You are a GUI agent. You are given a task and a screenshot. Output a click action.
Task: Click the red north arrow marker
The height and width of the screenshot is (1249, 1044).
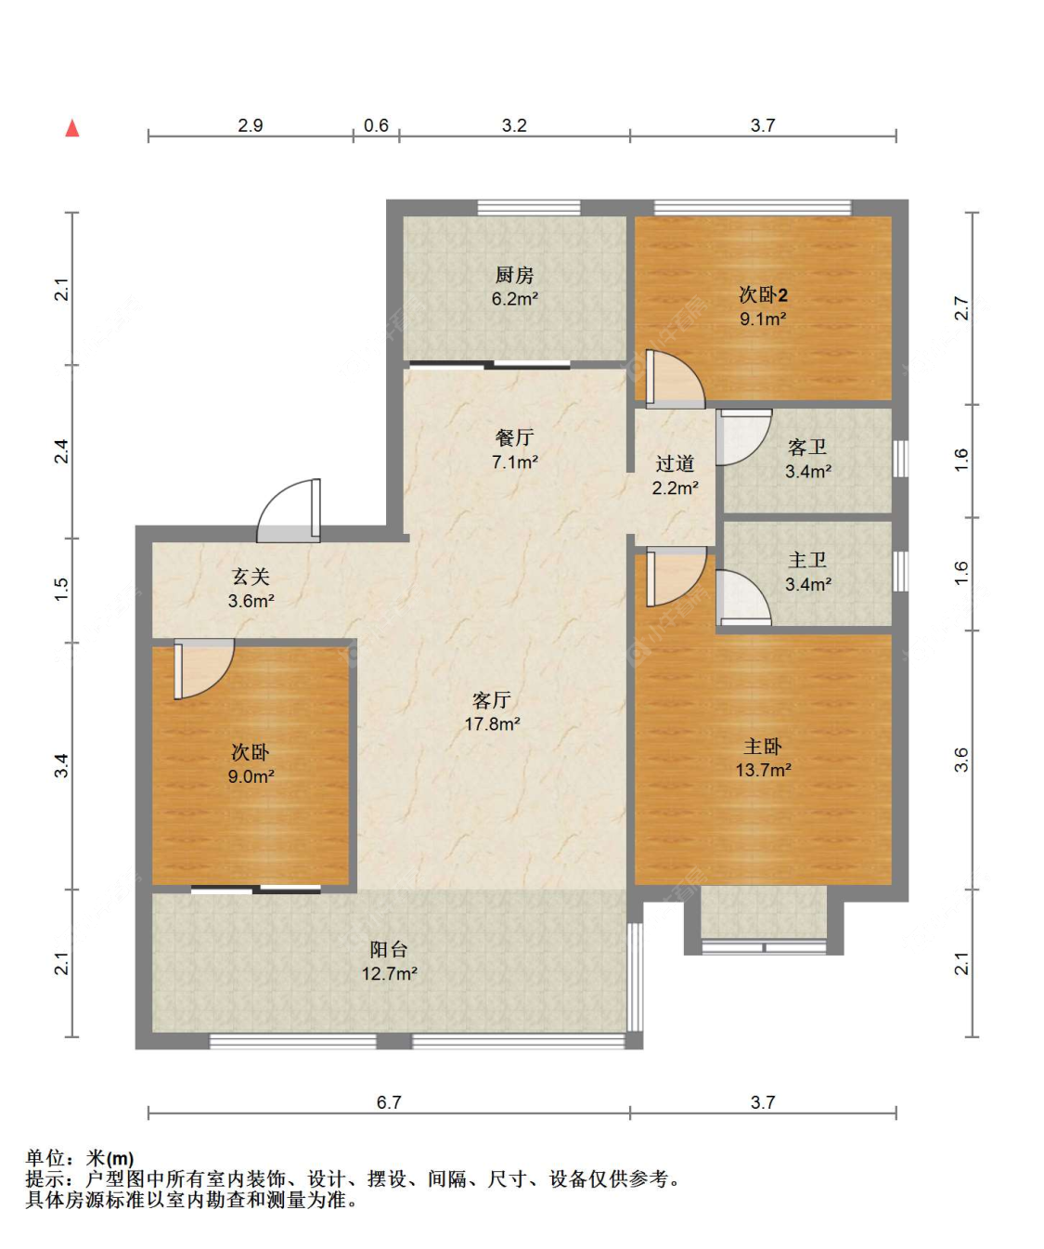72,128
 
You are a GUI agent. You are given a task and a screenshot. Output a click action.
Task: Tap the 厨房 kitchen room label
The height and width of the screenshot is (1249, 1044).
514,275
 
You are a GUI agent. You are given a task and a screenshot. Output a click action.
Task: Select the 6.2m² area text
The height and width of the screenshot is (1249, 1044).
515,298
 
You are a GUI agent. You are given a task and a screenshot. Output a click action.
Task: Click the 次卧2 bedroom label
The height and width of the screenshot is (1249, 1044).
763,294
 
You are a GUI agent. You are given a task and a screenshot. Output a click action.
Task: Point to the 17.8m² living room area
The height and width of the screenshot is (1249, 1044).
492,723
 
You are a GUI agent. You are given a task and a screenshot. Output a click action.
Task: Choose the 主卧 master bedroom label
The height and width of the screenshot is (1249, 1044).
763,746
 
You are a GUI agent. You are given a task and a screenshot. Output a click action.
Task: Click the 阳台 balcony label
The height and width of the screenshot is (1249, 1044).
389,949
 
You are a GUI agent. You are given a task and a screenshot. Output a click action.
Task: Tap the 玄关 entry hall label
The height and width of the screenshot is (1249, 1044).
251,576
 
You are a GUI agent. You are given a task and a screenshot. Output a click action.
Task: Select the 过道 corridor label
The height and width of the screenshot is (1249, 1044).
675,463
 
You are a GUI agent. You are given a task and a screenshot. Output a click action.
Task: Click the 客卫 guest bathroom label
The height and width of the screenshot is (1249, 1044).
807,447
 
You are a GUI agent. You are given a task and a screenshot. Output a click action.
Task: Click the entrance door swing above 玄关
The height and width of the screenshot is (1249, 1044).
289,510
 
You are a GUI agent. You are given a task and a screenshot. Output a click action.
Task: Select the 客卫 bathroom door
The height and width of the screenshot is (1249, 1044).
744,437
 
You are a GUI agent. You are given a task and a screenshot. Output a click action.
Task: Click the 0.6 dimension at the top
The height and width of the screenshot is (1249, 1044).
376,125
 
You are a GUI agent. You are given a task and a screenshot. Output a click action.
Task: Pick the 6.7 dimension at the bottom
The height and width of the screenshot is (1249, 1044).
389,1102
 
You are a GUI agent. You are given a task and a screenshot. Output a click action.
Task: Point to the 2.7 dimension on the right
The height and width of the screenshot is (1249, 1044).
960,308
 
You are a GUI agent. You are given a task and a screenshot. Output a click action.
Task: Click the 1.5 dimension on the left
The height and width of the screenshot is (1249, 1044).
62,589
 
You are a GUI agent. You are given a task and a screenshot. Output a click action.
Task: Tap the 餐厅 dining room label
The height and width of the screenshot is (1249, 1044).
514,437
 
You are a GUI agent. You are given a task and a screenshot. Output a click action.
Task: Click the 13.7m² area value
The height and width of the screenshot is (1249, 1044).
763,769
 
